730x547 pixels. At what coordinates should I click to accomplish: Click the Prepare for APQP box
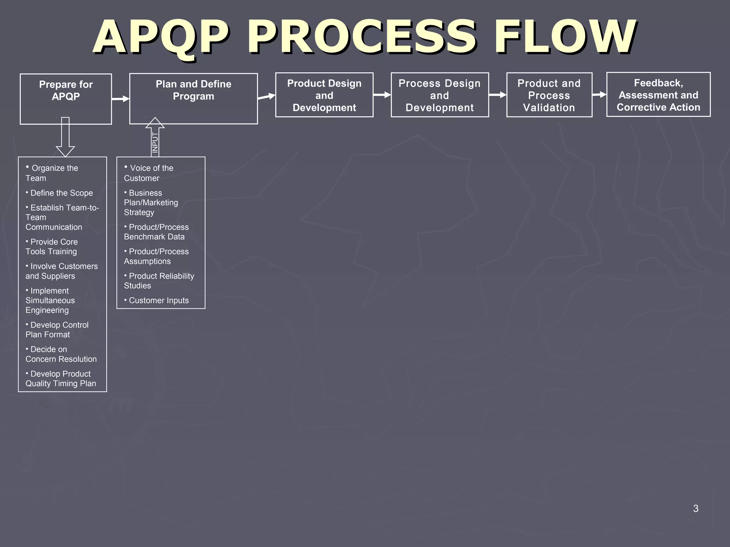click(66, 99)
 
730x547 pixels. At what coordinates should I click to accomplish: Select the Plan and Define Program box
click(194, 98)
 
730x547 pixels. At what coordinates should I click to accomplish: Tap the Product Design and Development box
click(324, 95)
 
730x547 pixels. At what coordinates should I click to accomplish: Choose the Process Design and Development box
click(439, 95)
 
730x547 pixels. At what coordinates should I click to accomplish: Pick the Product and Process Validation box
click(549, 95)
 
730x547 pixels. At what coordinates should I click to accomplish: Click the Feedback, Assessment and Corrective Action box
click(658, 95)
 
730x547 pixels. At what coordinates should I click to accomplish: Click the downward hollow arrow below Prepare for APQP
click(65, 137)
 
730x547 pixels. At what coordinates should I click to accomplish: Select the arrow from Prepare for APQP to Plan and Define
click(120, 99)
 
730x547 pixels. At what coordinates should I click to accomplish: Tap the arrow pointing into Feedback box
click(599, 95)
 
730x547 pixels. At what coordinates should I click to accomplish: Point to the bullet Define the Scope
click(60, 193)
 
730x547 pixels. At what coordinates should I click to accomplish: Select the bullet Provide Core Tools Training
click(52, 246)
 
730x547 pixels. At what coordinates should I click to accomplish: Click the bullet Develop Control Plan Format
click(57, 330)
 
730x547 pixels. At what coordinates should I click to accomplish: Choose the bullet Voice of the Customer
click(149, 173)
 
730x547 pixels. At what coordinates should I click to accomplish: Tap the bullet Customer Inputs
click(157, 301)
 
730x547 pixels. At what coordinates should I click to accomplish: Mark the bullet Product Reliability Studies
click(159, 281)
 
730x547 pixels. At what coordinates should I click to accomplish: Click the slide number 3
click(695, 509)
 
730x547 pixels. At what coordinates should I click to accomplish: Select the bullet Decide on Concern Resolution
click(61, 354)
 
